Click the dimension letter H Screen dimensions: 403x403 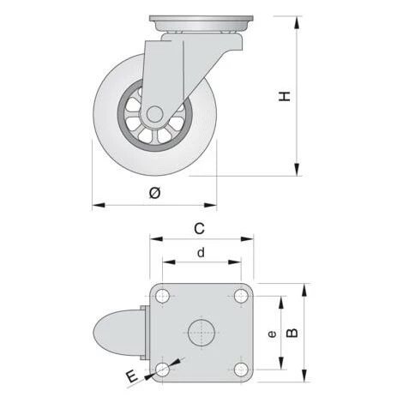pyautogui.click(x=285, y=96)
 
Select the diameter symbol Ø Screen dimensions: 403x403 pyautogui.click(x=155, y=193)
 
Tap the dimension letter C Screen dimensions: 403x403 pyautogui.click(x=199, y=229)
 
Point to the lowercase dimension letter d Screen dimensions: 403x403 pyautogui.click(x=201, y=253)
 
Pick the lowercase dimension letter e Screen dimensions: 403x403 pyautogui.click(x=272, y=334)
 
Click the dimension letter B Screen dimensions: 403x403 pyautogui.click(x=292, y=333)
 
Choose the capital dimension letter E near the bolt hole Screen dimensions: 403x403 pyautogui.click(x=132, y=376)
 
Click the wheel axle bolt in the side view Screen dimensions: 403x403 pyautogui.click(x=154, y=114)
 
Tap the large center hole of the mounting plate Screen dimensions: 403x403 pyautogui.click(x=201, y=333)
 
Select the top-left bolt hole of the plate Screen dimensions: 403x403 pyautogui.click(x=162, y=296)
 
